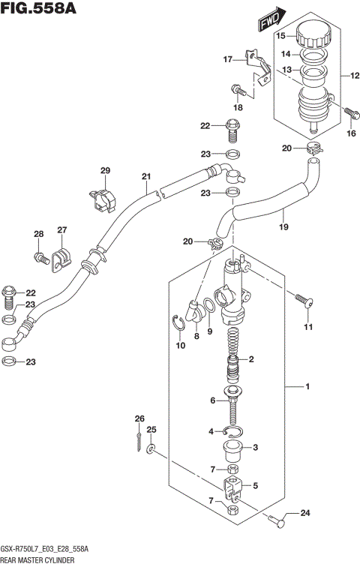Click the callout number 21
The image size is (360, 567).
point(146,177)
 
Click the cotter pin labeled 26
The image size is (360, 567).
point(139,442)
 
